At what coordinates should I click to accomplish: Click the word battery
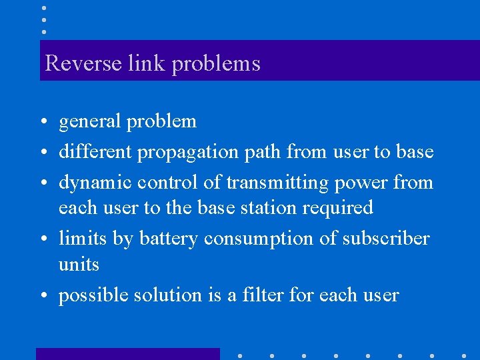tap(169, 238)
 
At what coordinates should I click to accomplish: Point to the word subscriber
tap(386, 238)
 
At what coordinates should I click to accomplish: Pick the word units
tap(79, 265)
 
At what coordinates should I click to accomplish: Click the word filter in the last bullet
tap(265, 295)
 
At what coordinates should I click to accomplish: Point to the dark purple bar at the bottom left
tap(127, 354)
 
